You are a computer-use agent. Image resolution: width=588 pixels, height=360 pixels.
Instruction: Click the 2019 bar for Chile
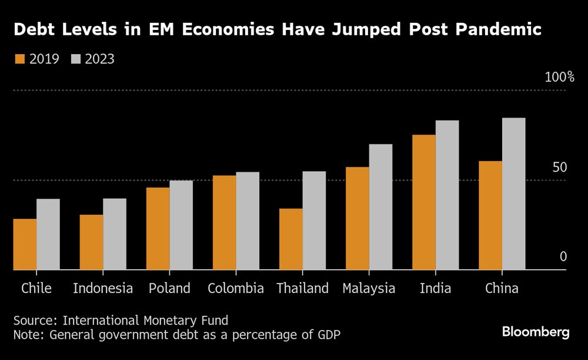point(25,244)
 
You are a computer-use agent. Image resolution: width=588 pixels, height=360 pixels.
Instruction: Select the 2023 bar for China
point(514,194)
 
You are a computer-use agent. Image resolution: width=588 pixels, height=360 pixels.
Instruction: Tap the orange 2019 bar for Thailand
point(291,239)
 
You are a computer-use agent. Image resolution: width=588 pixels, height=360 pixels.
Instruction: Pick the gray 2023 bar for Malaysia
point(380,207)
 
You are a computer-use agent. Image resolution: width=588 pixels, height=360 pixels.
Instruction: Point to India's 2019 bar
point(424,202)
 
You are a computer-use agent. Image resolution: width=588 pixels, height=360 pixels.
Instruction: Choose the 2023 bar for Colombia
point(248,221)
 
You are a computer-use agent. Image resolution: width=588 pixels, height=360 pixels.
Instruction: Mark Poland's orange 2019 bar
point(158,229)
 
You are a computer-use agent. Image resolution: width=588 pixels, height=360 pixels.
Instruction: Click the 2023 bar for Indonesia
point(115,234)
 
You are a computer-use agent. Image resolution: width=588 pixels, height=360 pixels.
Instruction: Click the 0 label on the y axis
point(563,256)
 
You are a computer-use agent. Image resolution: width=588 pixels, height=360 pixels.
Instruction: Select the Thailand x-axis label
point(302,288)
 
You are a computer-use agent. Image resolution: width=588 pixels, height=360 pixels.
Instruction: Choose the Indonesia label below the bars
point(103,288)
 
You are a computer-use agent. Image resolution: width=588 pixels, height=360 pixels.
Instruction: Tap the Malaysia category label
point(369,288)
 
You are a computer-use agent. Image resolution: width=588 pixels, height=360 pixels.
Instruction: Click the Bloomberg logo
point(536,332)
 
